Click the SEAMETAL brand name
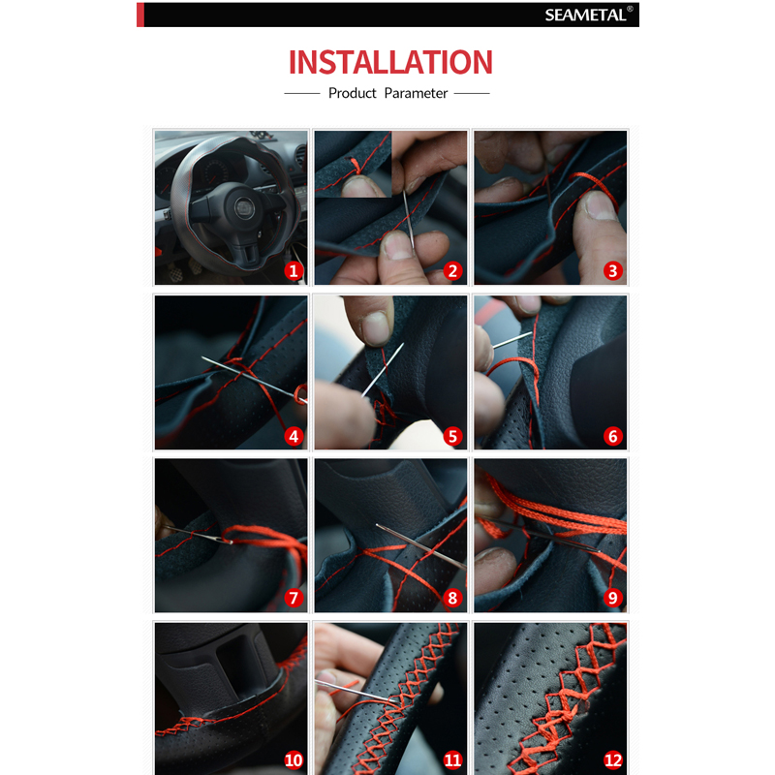coord(585,15)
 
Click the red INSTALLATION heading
coord(390,62)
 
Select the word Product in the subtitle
coord(352,93)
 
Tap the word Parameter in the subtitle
coord(416,93)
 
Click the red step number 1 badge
coord(294,271)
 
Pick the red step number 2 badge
coord(452,271)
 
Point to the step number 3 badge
coord(613,271)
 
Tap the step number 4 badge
coord(294,437)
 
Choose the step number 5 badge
coord(452,437)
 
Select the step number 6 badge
coord(613,437)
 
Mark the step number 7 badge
coord(294,598)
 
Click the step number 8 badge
coord(452,598)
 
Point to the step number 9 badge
coord(613,598)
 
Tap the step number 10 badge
coord(294,760)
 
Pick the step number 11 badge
coord(452,760)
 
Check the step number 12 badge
coord(613,760)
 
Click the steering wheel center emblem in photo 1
coord(244,208)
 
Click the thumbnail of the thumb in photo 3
coord(598,206)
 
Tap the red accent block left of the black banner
coord(140,15)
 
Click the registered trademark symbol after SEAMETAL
coord(630,9)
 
